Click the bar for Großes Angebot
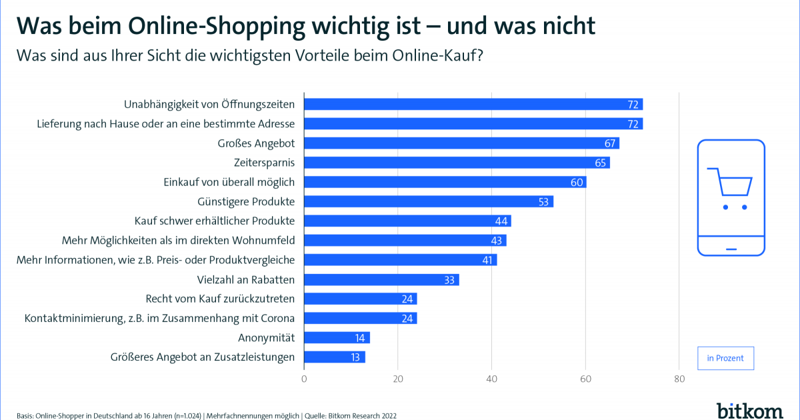point(461,143)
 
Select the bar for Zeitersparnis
point(457,163)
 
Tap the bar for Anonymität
point(337,338)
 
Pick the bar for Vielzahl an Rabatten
point(381,279)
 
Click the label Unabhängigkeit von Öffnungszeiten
point(209,105)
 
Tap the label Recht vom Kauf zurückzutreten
point(220,299)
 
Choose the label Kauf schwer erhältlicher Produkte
point(214,221)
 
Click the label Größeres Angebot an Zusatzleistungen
point(202,357)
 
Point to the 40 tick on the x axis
point(492,379)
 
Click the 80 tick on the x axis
point(679,379)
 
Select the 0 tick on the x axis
point(305,379)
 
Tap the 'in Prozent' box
point(725,358)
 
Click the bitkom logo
point(750,409)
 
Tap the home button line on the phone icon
point(731,249)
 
